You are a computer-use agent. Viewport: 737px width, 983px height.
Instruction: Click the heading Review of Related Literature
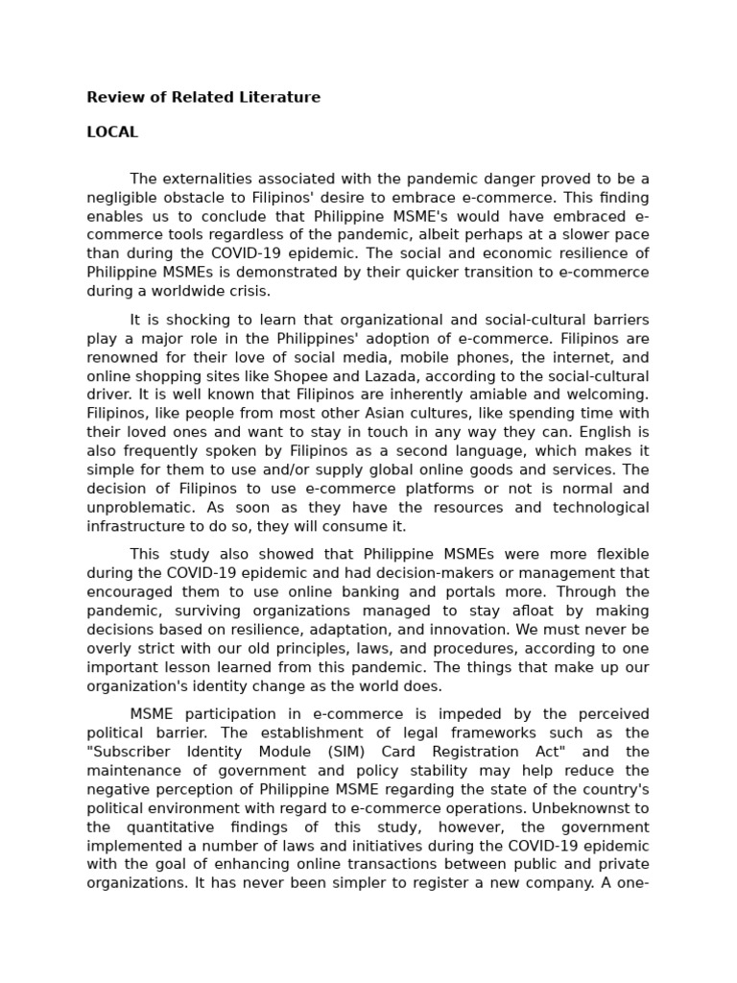[x=203, y=97]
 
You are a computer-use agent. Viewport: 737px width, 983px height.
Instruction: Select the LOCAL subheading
[x=112, y=132]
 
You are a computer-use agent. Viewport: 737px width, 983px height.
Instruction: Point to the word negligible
[x=122, y=198]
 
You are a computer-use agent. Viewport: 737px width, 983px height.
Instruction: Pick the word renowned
[x=123, y=357]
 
